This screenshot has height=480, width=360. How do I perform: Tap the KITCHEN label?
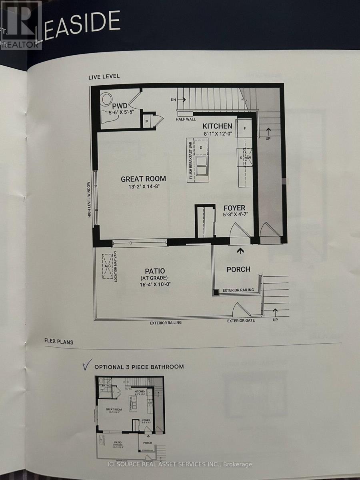(x=217, y=126)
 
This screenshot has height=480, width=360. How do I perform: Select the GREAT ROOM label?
(x=143, y=179)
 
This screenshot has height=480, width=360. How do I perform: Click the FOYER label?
(x=235, y=208)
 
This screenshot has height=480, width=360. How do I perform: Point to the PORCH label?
(x=238, y=269)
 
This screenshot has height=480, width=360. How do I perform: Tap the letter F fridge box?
(x=244, y=129)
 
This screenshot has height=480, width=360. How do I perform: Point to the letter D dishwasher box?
(x=201, y=148)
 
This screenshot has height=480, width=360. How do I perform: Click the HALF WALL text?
(x=185, y=119)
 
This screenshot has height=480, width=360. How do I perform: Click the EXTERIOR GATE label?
(x=241, y=321)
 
